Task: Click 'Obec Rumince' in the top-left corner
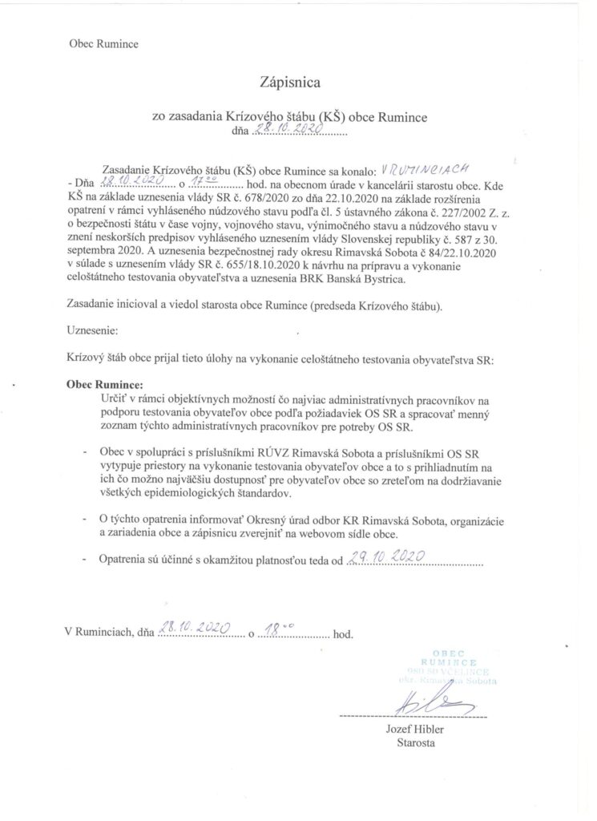point(103,44)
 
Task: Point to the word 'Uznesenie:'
point(92,329)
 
